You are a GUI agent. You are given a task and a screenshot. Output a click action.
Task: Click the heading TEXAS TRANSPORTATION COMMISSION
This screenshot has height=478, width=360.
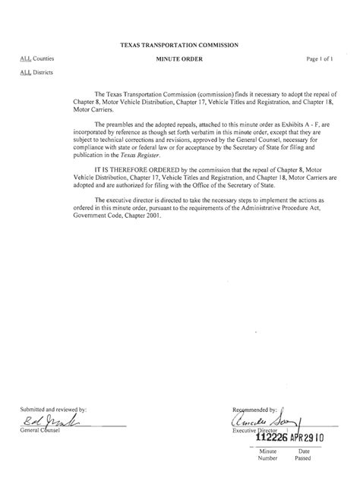click(x=179, y=46)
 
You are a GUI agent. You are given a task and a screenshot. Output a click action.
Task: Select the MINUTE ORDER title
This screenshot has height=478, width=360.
click(x=179, y=58)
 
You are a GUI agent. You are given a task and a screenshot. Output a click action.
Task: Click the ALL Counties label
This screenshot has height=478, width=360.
click(x=37, y=58)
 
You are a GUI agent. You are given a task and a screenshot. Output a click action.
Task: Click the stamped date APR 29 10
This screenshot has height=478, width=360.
click(x=308, y=439)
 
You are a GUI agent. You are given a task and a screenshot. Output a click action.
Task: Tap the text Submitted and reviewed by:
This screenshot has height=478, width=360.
click(x=54, y=410)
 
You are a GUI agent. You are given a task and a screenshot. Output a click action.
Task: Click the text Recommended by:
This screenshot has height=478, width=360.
click(x=255, y=409)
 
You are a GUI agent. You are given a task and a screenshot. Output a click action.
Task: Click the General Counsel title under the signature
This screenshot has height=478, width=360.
click(x=43, y=432)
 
